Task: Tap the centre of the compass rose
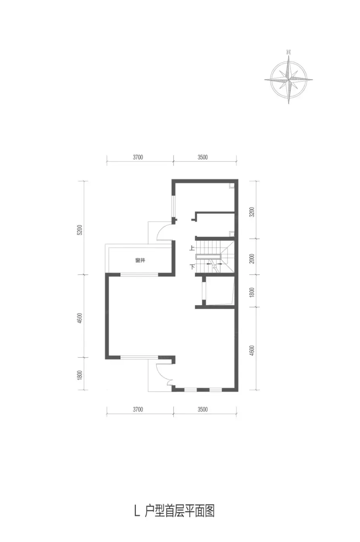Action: pos(288,79)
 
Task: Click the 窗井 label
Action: pos(140,260)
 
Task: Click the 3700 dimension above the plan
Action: pos(138,157)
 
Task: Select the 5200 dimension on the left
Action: pos(80,230)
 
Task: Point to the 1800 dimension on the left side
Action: pos(80,375)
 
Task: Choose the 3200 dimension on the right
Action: pos(252,212)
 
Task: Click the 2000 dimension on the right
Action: pos(252,259)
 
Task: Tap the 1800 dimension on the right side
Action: pos(252,293)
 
